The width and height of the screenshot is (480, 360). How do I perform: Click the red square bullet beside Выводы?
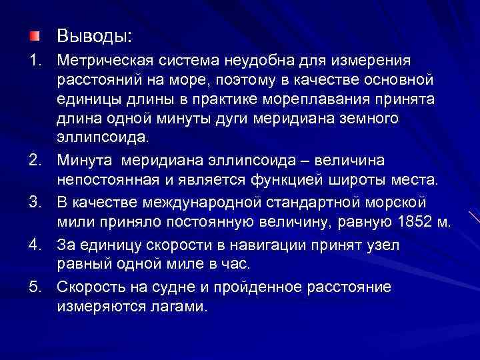(x=34, y=35)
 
